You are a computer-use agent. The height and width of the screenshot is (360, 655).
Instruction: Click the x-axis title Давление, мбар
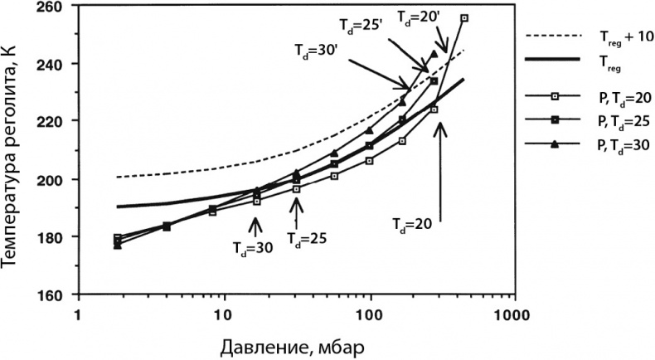(x=294, y=343)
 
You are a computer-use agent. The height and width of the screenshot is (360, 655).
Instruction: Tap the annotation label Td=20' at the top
(x=414, y=15)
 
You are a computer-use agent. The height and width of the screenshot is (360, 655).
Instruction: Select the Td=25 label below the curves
(x=305, y=237)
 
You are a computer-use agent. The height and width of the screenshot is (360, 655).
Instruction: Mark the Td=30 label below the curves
(x=251, y=246)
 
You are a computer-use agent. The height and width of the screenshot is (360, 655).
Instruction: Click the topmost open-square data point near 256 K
(x=463, y=18)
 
